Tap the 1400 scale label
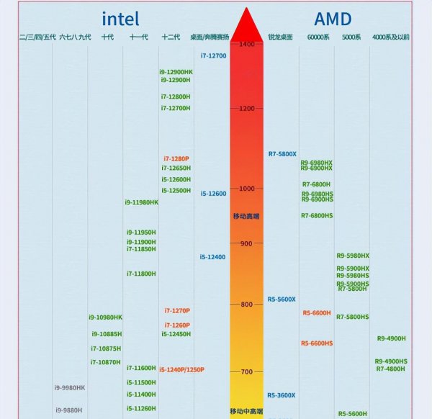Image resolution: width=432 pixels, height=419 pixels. click(x=247, y=45)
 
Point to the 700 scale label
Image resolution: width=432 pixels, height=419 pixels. click(x=247, y=371)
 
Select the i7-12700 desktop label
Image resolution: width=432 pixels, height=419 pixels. click(x=213, y=55)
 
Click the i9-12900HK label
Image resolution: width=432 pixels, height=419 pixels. click(x=176, y=72)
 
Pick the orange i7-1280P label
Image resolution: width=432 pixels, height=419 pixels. click(x=176, y=158)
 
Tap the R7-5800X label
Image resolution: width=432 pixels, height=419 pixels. click(x=282, y=153)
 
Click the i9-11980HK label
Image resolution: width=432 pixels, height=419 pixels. click(x=141, y=202)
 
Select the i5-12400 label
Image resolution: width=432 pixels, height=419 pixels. click(x=212, y=257)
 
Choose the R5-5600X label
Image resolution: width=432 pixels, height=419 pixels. click(x=282, y=299)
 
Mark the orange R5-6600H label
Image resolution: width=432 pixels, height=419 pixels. click(x=317, y=312)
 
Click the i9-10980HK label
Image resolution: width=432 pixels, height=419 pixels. click(x=106, y=317)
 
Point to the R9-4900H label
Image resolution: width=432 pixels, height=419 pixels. click(x=391, y=338)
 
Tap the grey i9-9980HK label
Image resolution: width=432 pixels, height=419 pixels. click(x=70, y=387)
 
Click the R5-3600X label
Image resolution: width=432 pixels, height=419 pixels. click(x=282, y=395)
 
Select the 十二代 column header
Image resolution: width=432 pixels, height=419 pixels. click(x=171, y=37)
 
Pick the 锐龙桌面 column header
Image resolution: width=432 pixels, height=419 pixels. click(x=280, y=37)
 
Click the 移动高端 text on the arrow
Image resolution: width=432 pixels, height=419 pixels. click(x=246, y=216)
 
